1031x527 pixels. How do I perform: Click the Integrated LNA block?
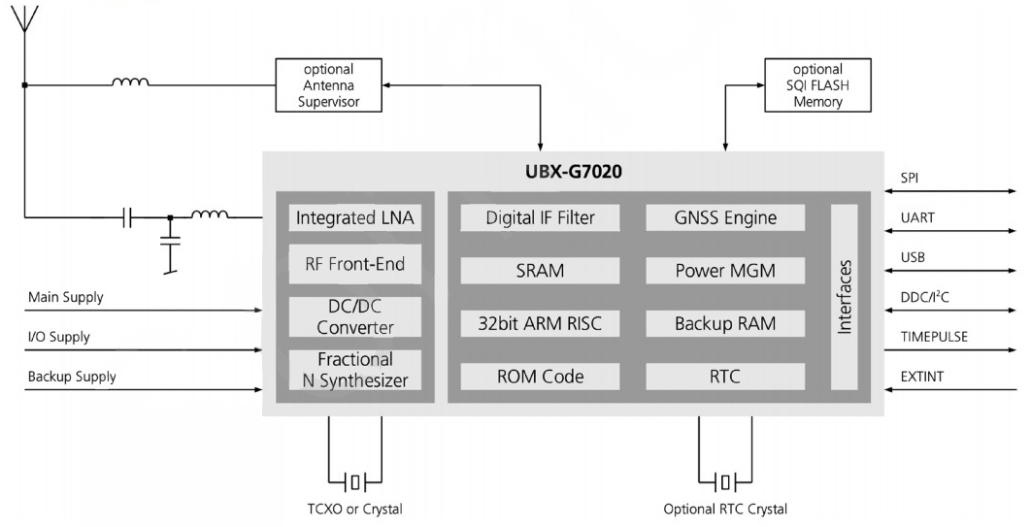[x=355, y=218]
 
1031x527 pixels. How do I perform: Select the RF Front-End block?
[x=355, y=264]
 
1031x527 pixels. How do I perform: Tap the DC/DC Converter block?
[x=355, y=316]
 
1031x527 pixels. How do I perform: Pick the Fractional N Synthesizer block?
[x=355, y=370]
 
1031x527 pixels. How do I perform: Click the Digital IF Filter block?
[x=540, y=218]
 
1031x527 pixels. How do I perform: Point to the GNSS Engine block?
[x=725, y=218]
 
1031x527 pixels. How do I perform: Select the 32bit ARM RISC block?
[x=540, y=323]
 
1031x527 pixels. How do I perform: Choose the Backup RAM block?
[x=725, y=323]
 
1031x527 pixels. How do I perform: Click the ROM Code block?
[x=540, y=377]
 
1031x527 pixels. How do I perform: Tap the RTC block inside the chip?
[x=725, y=377]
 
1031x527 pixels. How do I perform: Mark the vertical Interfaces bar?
[x=845, y=297]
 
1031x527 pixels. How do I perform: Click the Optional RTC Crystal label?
[x=725, y=509]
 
